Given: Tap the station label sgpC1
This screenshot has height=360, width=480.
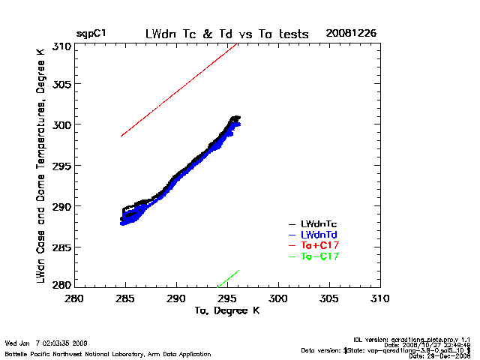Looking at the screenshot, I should [x=90, y=34].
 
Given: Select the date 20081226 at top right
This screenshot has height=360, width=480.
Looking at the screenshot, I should [x=351, y=34].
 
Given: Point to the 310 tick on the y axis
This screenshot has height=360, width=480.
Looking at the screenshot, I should [x=61, y=46].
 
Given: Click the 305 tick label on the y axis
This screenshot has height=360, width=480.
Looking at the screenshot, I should [x=61, y=84].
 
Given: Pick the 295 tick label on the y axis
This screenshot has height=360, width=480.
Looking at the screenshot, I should [x=61, y=166].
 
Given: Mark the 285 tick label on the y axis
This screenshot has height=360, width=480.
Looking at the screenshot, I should [x=61, y=247].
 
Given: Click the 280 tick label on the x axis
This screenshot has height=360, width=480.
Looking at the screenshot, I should [x=74, y=298].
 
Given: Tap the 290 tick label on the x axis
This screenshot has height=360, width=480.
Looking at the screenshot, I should [x=176, y=298].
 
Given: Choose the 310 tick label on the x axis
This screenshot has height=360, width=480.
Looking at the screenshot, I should [x=380, y=298].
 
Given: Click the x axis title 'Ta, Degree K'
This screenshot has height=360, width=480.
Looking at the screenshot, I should [x=226, y=310].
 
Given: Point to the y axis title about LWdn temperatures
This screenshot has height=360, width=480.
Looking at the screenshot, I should [x=43, y=166].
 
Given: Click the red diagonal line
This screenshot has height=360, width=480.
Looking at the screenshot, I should [x=180, y=90].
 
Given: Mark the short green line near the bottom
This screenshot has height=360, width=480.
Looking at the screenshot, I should [x=229, y=277].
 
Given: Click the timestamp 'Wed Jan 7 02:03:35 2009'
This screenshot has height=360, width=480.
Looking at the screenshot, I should [x=46, y=343].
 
